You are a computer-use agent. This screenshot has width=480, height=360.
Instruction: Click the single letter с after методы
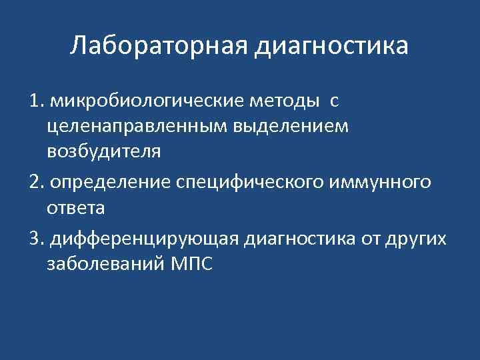pos(334,101)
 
